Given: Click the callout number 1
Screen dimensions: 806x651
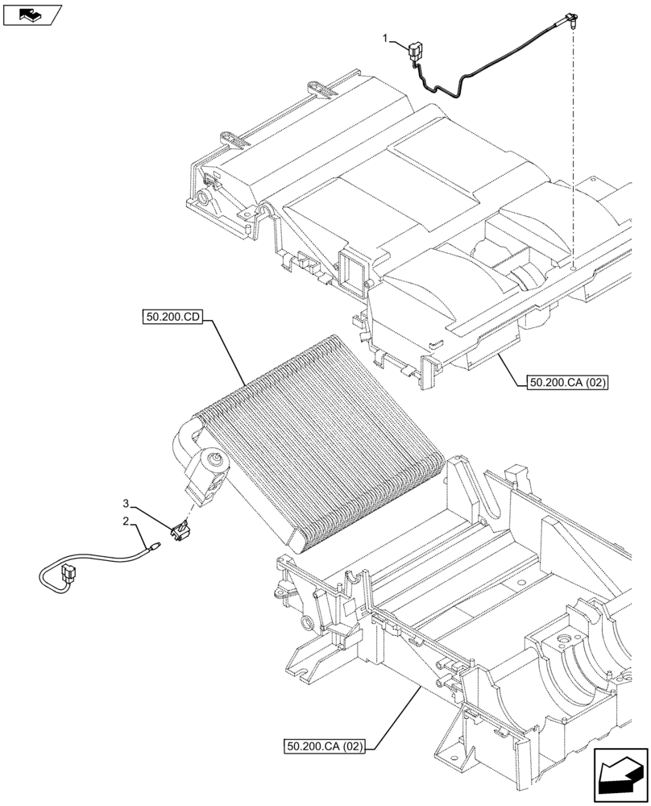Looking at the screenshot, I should tap(388, 38).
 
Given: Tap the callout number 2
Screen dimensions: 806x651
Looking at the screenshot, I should tap(126, 521).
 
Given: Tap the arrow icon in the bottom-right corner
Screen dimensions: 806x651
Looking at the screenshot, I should tap(620, 776).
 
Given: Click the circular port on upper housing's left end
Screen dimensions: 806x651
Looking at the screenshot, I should tap(199, 196).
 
